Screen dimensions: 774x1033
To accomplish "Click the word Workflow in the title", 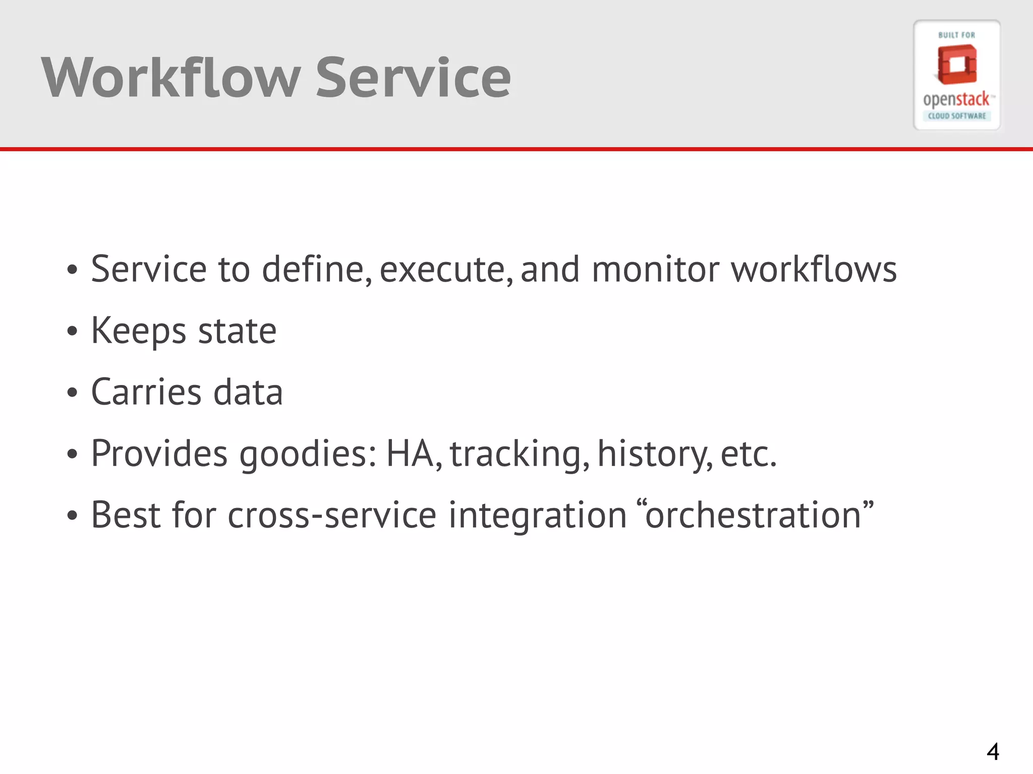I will click(171, 78).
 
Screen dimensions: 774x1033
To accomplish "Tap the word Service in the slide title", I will click(413, 78).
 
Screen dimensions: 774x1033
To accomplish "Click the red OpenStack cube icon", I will click(956, 65).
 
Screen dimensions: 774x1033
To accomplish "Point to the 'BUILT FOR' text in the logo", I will click(956, 35).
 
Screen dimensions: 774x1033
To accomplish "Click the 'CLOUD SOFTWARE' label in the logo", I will click(957, 116).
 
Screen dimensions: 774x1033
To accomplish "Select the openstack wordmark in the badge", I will click(956, 100).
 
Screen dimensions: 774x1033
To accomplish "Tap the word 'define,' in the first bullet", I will click(317, 269).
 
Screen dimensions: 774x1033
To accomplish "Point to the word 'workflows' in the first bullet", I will click(814, 269).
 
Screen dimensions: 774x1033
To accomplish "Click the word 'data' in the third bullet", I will click(248, 392).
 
